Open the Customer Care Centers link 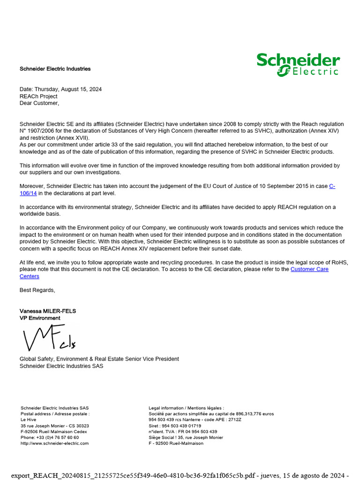[x=309, y=270]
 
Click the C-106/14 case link [x=332, y=187]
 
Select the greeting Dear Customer [x=39, y=103]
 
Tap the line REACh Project [x=38, y=96]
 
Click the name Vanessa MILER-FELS [x=48, y=311]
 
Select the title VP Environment [x=40, y=318]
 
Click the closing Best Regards [x=37, y=290]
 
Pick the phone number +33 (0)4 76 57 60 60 [x=57, y=437]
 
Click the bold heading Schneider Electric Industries [x=55, y=69]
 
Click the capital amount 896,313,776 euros [x=255, y=414]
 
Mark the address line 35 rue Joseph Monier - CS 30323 [x=55, y=426]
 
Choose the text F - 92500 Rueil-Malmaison [x=176, y=443]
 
